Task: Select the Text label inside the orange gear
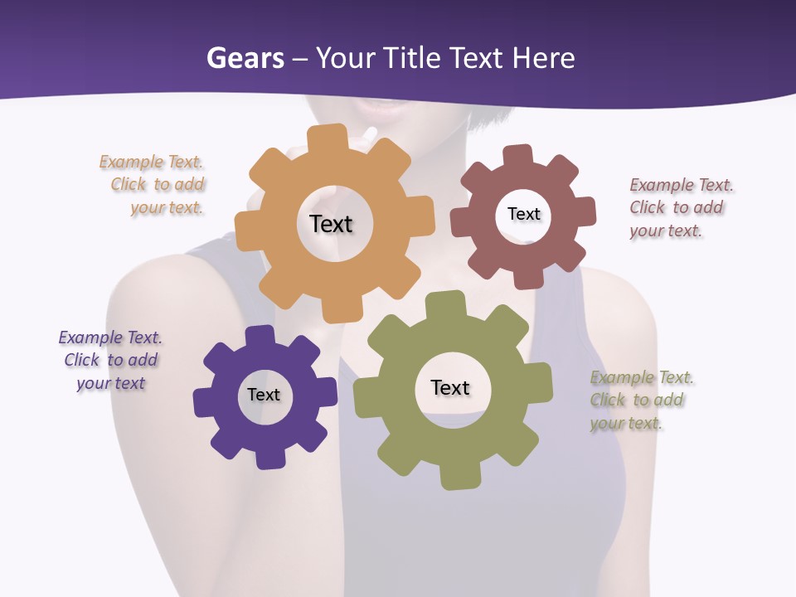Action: click(331, 224)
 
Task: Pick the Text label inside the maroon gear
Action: click(523, 214)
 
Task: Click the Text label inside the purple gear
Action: click(264, 395)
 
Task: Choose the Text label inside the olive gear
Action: click(450, 387)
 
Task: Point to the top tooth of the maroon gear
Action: click(518, 155)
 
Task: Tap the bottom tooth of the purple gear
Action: click(269, 459)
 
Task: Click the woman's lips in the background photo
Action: click(380, 106)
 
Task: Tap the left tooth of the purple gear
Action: click(204, 402)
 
